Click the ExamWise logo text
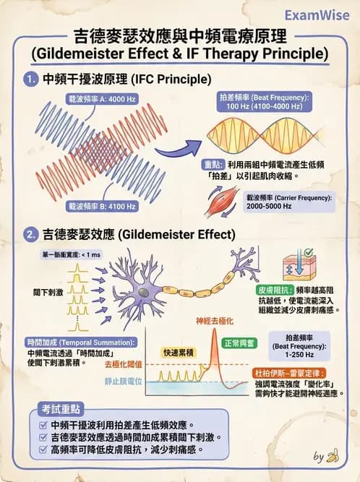[x=317, y=15]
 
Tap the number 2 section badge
[x=30, y=235]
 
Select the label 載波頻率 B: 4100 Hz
[x=100, y=206]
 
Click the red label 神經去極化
[x=214, y=321]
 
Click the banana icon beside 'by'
[x=333, y=456]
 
